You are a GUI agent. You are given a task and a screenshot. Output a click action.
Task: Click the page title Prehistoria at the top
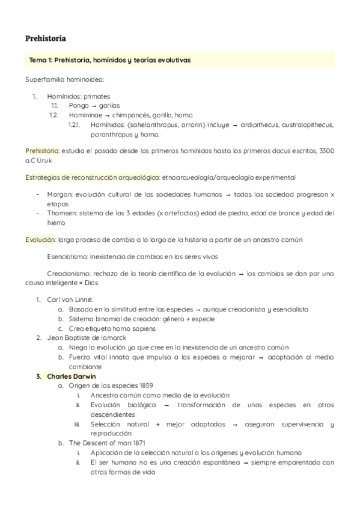click(46, 38)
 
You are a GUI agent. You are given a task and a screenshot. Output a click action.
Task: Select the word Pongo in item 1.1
click(78, 105)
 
